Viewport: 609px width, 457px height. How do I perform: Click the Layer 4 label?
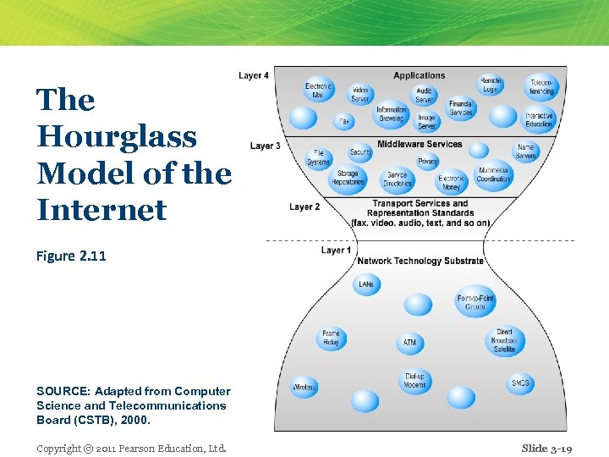click(x=254, y=76)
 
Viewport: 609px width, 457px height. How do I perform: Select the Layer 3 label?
click(x=265, y=146)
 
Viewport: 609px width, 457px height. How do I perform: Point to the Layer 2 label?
click(x=304, y=207)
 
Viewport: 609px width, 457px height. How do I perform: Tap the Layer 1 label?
click(x=336, y=251)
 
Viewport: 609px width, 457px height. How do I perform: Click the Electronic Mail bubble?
click(x=319, y=91)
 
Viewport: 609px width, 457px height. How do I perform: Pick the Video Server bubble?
click(x=360, y=94)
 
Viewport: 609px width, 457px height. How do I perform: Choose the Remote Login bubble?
click(x=491, y=85)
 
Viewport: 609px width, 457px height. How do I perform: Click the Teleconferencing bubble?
click(x=541, y=87)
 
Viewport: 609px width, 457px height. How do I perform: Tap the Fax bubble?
click(x=343, y=121)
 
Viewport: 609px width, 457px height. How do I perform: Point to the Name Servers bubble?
click(x=526, y=151)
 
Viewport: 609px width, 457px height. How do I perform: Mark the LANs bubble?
click(x=366, y=284)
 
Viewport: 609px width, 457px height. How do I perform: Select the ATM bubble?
click(x=409, y=343)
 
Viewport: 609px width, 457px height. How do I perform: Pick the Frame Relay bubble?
click(x=331, y=339)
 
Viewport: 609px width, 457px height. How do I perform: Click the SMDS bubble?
click(x=520, y=383)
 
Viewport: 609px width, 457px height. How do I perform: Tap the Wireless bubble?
click(x=304, y=388)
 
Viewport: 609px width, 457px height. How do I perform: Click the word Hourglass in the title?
click(x=117, y=136)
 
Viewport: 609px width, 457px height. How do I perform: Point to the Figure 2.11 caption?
click(x=71, y=256)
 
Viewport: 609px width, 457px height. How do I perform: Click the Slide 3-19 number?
click(x=546, y=449)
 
